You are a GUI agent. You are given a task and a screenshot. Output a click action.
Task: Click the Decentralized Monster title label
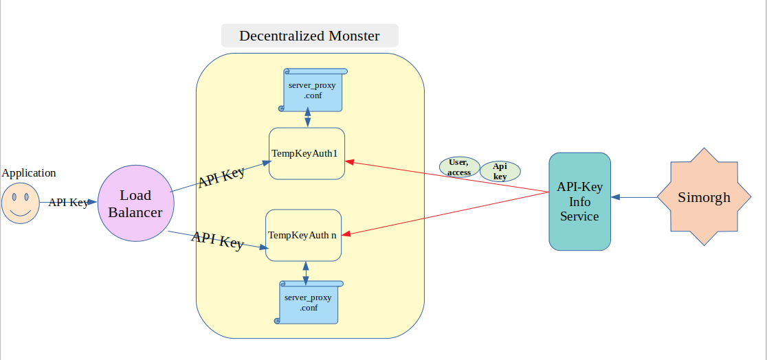click(x=309, y=36)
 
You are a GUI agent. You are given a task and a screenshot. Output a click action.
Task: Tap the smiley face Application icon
click(x=21, y=203)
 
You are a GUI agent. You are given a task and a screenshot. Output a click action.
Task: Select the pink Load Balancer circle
click(x=135, y=203)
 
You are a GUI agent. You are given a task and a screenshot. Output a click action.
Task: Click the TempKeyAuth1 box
click(x=306, y=153)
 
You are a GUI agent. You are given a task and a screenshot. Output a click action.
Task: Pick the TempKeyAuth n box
click(x=303, y=235)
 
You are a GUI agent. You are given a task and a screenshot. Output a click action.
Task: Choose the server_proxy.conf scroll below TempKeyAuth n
click(x=308, y=302)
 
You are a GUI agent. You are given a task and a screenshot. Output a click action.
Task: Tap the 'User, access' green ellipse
click(x=459, y=168)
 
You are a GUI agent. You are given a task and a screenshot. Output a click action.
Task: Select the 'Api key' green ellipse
click(x=500, y=171)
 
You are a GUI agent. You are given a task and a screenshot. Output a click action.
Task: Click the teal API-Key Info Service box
click(x=579, y=201)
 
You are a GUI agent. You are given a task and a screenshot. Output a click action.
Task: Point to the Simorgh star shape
click(x=704, y=197)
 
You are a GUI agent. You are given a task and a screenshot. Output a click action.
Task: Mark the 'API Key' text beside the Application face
click(x=68, y=203)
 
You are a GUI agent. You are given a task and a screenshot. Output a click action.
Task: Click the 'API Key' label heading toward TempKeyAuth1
click(x=221, y=177)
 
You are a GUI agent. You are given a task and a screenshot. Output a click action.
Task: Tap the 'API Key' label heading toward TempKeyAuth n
click(x=217, y=240)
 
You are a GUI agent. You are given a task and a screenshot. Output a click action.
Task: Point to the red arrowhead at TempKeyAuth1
click(x=348, y=162)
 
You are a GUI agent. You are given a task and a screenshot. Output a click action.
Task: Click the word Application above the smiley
click(x=29, y=173)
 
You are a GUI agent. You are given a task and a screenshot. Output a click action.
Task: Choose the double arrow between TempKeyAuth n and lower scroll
click(x=304, y=271)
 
